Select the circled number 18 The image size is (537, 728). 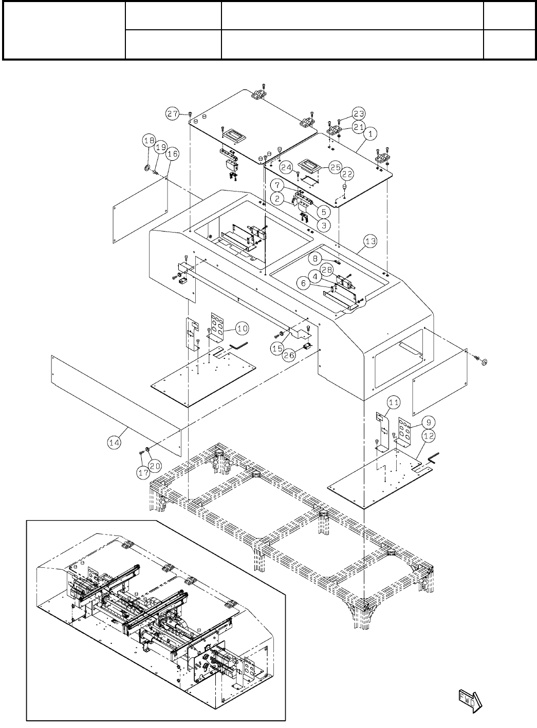(x=149, y=140)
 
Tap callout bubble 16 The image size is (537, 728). (x=172, y=154)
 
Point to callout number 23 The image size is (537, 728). (x=358, y=113)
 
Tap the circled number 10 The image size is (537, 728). (x=242, y=327)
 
